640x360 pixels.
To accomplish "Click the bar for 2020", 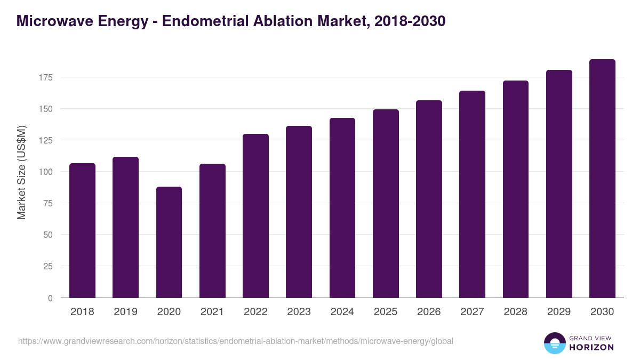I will coord(169,242).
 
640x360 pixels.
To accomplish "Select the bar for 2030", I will coord(602,179).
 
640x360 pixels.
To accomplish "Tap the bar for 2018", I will coord(82,230).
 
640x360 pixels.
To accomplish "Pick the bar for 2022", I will coord(255,216).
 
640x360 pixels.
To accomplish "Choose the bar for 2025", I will coord(386,204).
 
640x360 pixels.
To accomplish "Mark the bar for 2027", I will coord(472,194).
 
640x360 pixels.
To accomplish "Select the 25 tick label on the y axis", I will coord(48,266).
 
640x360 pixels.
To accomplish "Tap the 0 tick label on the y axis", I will coord(50,298).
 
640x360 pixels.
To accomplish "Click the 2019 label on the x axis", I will coord(125,312).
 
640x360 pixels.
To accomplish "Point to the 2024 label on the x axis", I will coord(342,312).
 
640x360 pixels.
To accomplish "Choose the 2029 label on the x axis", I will coord(559,312).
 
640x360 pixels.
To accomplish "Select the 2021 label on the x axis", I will coord(212,312).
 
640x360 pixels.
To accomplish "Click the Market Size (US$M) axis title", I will coord(21,172).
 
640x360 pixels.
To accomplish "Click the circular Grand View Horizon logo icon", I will coord(555,343).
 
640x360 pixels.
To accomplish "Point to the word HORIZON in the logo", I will coord(591,347).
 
